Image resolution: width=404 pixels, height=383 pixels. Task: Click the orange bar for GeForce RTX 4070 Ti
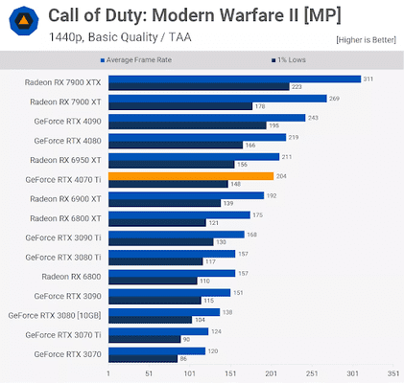tap(191, 176)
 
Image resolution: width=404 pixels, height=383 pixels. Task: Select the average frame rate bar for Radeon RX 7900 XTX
tap(234, 79)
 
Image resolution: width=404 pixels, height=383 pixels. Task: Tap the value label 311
tap(368, 79)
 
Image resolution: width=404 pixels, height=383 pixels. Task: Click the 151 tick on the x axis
tap(230, 373)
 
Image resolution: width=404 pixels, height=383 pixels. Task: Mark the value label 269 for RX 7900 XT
tap(334, 98)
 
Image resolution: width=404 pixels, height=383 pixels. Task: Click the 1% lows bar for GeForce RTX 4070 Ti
tap(168, 184)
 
